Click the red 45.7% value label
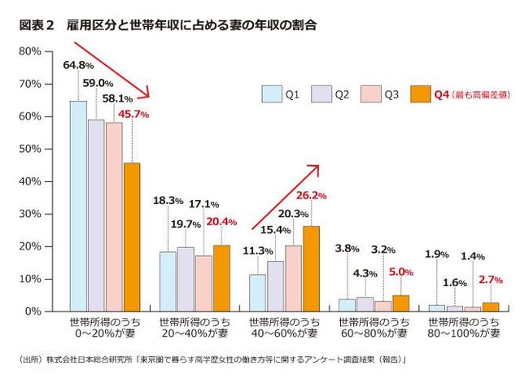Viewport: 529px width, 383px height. point(134,115)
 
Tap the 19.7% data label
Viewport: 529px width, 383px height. point(186,225)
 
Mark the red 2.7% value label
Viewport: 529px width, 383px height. point(491,280)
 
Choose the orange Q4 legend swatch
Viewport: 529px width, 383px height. point(421,94)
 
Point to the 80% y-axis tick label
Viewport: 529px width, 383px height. point(30,51)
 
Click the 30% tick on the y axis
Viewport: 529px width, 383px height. point(30,214)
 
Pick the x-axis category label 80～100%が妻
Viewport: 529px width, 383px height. point(464,328)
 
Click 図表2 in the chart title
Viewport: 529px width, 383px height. point(35,25)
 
